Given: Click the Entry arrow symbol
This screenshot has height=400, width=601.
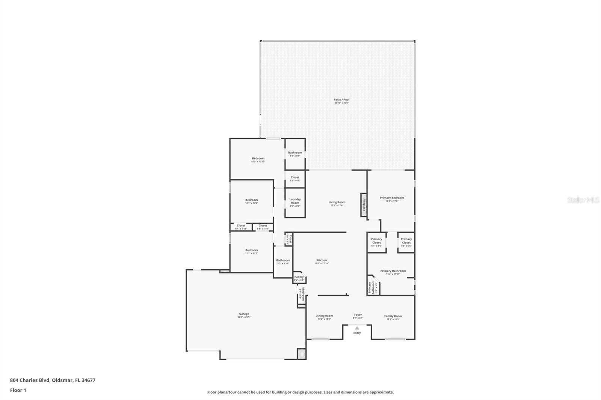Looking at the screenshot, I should [x=357, y=328].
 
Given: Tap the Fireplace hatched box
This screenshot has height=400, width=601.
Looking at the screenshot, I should [x=364, y=205].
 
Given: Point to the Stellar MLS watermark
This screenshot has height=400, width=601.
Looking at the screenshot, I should [x=583, y=200].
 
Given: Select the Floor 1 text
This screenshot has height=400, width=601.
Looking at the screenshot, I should [x=18, y=390].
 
